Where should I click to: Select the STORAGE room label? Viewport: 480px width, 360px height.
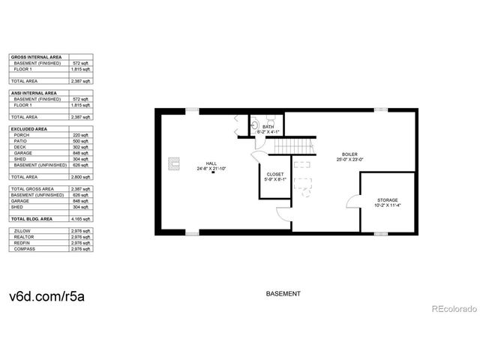pos(387,200)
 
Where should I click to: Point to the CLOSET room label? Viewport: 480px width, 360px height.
pos(274,174)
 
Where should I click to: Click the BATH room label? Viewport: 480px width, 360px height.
pos(268,127)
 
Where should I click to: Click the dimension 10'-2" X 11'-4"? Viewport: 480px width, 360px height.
pos(387,206)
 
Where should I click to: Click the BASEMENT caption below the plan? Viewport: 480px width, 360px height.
pos(283,293)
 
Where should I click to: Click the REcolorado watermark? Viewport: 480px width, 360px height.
pos(451,307)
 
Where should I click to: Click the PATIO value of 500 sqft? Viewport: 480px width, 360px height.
pos(81,141)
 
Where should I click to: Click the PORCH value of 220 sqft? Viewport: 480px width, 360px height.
pos(81,135)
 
